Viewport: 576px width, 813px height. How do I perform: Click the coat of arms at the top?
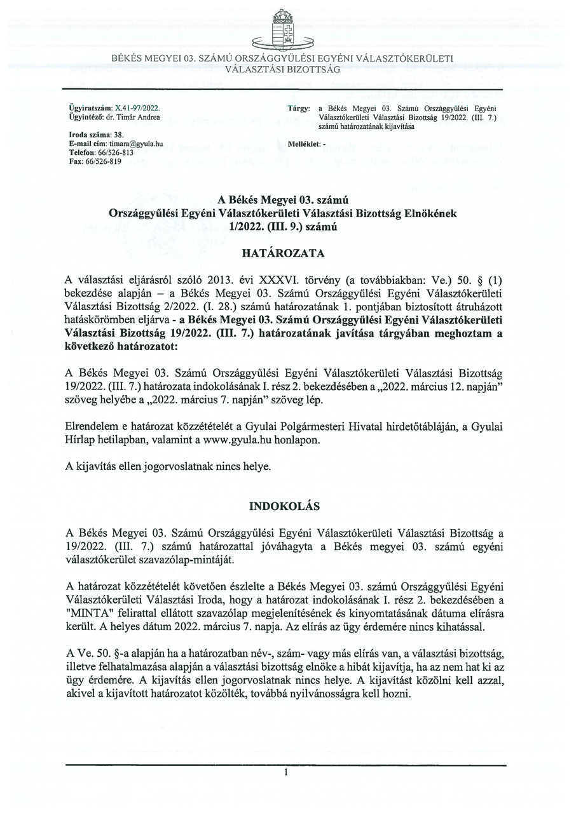(287, 29)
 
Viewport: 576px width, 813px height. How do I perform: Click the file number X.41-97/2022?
(137, 109)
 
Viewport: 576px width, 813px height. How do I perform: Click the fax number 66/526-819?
(99, 161)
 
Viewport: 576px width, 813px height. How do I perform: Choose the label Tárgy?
(298, 109)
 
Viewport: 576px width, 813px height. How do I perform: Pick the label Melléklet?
(304, 144)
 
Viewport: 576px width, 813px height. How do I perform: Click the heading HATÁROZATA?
(284, 253)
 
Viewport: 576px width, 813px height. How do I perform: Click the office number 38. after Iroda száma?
(118, 135)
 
